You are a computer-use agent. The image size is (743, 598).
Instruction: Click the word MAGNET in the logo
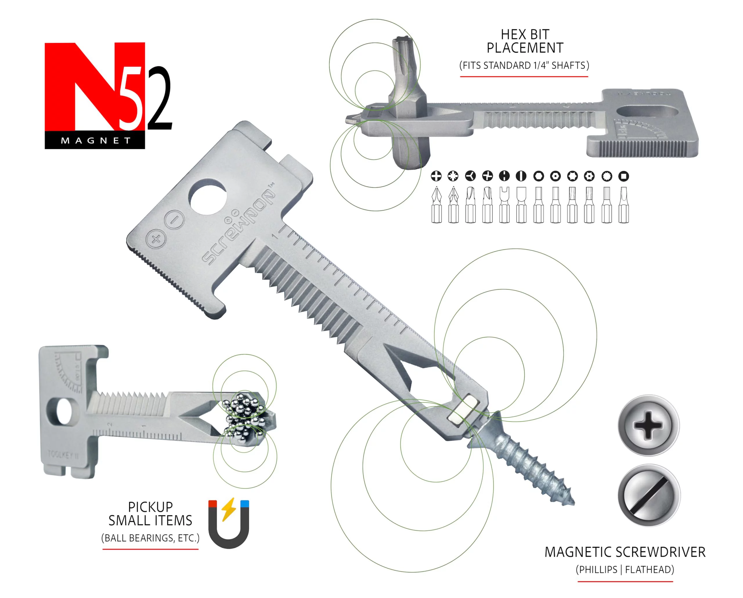click(x=95, y=141)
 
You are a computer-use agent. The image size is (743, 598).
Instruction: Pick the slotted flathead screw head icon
click(x=649, y=495)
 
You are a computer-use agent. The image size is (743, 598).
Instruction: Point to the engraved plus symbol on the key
click(x=156, y=239)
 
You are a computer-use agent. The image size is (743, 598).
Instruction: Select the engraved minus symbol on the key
click(x=175, y=219)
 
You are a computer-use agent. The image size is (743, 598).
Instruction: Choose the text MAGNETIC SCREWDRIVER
click(x=625, y=552)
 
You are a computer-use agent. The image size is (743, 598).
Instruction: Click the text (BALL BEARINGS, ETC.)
click(x=150, y=538)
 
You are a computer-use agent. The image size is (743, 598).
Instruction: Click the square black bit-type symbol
click(x=623, y=176)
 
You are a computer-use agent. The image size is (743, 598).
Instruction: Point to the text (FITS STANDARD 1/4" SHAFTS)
click(x=524, y=65)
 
